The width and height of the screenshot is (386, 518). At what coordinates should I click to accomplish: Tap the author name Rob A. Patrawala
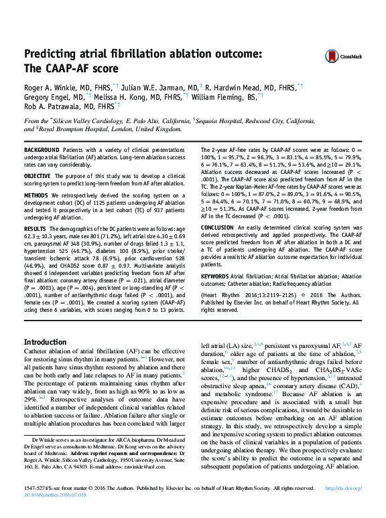pyautogui.click(x=50, y=106)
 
